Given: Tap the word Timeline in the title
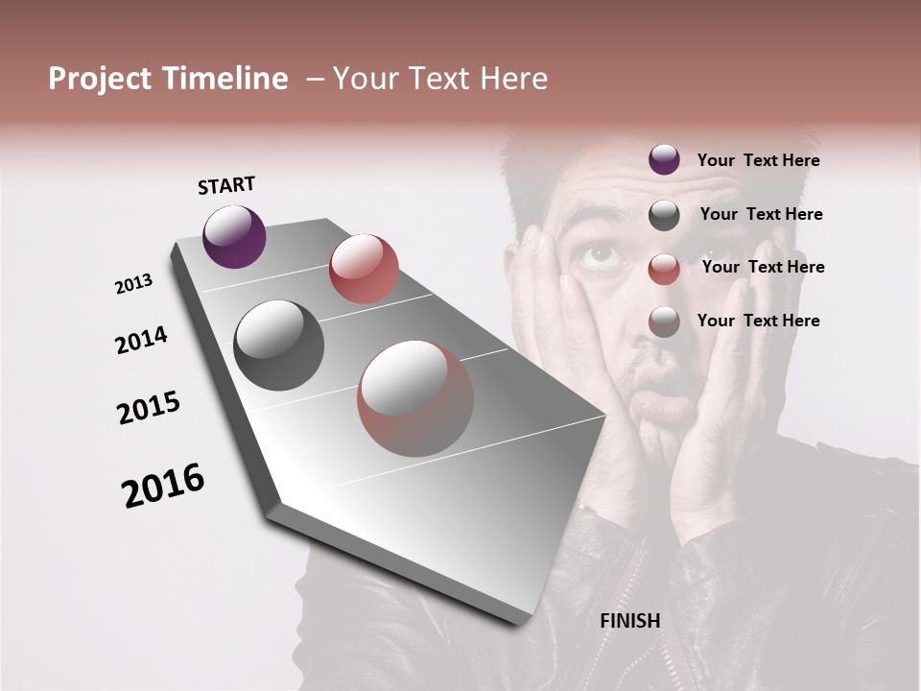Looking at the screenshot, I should [227, 79].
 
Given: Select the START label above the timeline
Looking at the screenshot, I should [226, 185].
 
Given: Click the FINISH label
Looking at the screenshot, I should [630, 621].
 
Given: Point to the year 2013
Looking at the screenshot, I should [134, 284].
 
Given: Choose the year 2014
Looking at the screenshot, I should [142, 340].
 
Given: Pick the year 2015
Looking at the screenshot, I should [149, 408].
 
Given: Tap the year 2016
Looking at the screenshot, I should [163, 486].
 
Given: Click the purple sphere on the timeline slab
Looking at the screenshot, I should [234, 236].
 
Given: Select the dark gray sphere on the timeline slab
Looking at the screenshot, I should [278, 345].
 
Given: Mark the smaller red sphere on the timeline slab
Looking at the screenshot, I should [364, 268].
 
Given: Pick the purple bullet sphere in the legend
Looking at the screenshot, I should [664, 159].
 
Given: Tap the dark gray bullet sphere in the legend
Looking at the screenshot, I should [664, 215].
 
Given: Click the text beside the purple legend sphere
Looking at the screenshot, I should [758, 160].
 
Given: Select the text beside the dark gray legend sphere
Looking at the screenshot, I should [761, 214].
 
